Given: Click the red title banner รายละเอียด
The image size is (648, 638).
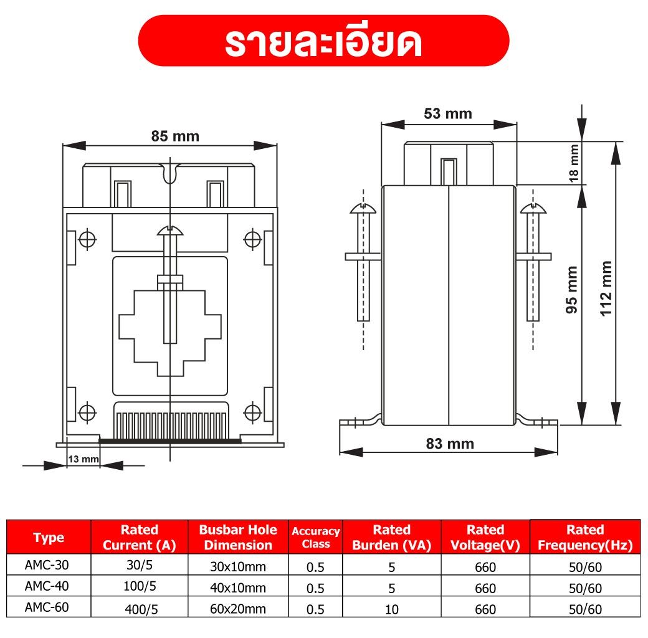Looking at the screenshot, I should click(323, 41).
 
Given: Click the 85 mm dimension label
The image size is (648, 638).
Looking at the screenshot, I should click(175, 136).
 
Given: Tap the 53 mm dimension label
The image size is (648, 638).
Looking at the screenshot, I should click(447, 113).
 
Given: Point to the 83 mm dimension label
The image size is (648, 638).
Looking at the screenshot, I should click(449, 444).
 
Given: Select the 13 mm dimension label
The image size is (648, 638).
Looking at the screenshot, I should click(83, 459).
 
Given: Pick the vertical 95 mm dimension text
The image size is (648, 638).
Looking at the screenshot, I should click(572, 289).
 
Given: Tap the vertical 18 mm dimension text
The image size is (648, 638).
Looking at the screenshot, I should click(573, 163).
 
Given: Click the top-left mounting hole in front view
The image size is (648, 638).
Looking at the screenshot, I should click(88, 238).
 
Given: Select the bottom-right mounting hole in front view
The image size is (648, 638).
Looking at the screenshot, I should click(252, 412).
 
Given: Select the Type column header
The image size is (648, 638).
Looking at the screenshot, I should click(49, 538).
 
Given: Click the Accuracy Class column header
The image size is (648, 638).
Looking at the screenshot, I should click(315, 537).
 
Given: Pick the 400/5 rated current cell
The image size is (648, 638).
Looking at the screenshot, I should click(140, 609).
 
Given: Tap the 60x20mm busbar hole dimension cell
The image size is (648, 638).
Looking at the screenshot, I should click(238, 609).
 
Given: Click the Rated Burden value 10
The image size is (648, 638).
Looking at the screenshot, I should click(391, 609).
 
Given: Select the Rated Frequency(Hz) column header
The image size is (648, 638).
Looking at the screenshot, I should click(584, 537).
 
